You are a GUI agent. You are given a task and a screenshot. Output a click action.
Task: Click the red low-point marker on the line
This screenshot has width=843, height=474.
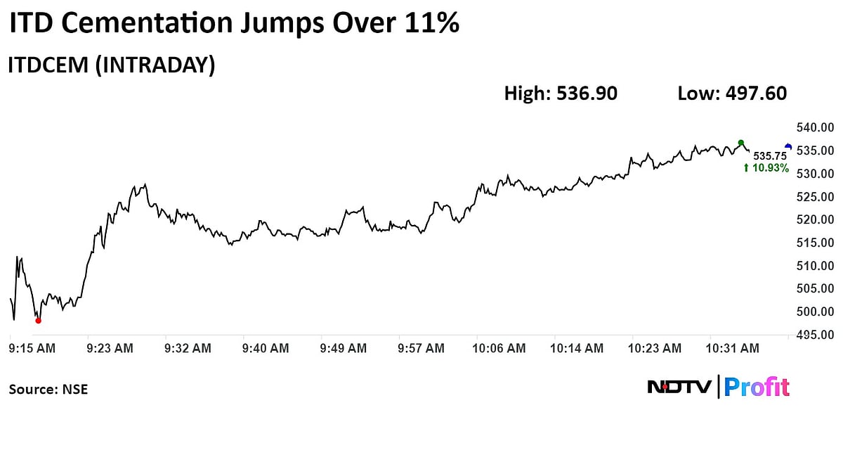coord(38,321)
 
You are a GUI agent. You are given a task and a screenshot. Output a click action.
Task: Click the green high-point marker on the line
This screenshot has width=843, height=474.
coord(741,143)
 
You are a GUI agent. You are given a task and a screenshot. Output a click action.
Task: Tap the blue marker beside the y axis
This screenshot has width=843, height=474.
coord(788,147)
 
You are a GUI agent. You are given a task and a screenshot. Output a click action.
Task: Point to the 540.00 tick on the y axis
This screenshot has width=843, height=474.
coord(814,128)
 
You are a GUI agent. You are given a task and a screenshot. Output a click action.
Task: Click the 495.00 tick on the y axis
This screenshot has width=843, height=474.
coord(814,335)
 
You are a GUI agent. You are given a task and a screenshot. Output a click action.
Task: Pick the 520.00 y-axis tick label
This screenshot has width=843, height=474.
coord(814,219)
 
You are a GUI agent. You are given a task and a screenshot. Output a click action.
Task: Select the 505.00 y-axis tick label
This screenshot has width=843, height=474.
coord(814,288)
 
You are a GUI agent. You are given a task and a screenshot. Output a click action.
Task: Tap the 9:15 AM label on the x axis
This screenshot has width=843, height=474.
coord(32,348)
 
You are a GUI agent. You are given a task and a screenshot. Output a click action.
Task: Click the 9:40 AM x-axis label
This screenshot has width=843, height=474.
coord(265,348)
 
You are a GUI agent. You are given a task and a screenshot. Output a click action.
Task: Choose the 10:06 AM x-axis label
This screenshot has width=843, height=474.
coord(498,348)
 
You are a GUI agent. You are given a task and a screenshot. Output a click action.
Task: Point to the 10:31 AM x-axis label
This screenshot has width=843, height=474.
coord(733,348)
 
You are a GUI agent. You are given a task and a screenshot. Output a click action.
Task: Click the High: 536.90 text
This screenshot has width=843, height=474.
coord(561,94)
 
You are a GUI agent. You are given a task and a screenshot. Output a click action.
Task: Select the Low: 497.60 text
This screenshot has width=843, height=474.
coord(731,94)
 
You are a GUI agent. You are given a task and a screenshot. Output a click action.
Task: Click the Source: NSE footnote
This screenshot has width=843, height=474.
coord(48,389)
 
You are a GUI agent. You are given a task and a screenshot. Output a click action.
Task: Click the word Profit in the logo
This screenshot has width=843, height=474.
coord(757,387)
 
